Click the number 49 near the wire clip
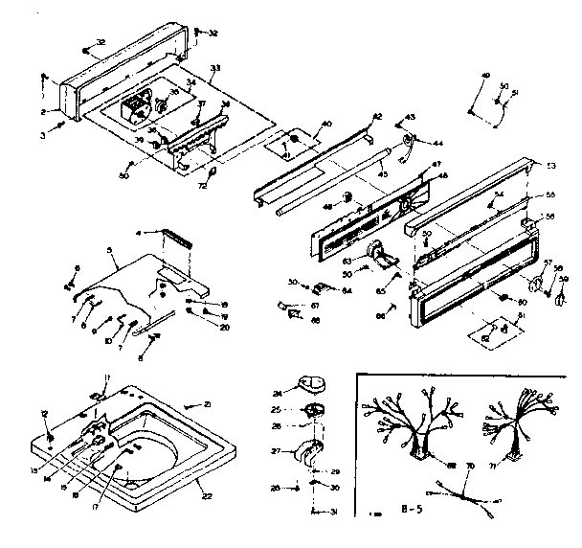[484, 75]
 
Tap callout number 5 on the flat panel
[111, 251]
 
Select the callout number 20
[224, 327]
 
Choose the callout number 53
[549, 167]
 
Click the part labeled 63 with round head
[383, 257]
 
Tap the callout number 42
[376, 117]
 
